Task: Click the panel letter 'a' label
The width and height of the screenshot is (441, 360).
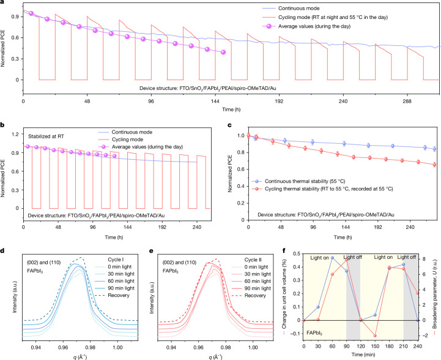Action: [2, 2]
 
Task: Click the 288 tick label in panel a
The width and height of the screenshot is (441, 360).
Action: [407, 102]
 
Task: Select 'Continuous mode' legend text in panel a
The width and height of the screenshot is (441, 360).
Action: [298, 9]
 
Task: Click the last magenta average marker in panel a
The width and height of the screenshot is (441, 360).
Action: [223, 52]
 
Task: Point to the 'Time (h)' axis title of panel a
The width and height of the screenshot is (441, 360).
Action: [231, 109]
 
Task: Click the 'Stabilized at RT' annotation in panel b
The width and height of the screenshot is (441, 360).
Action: [46, 137]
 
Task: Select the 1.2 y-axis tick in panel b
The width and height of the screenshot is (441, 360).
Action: [16, 134]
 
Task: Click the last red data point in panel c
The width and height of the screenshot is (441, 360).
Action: [434, 165]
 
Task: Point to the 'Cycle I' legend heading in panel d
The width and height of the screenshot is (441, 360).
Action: [116, 260]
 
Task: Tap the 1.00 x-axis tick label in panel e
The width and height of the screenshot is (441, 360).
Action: [253, 347]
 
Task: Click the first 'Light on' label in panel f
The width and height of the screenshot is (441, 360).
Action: [319, 258]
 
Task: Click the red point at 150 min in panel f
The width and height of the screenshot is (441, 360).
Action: [375, 336]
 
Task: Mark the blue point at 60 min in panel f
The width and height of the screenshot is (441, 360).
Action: [332, 258]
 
